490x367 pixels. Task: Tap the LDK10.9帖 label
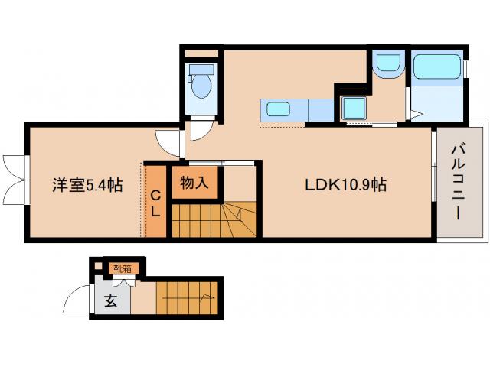[x=346, y=185]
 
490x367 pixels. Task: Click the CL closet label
[x=155, y=203]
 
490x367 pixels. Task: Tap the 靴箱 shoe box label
[x=122, y=268]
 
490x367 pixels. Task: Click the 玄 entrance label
[x=110, y=300]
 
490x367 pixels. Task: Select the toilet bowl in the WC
[x=202, y=84]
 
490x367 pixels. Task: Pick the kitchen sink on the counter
[x=278, y=109]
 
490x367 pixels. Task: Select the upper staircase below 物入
[x=214, y=220]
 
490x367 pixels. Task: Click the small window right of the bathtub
[x=465, y=68]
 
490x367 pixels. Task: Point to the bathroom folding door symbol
[x=413, y=114]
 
